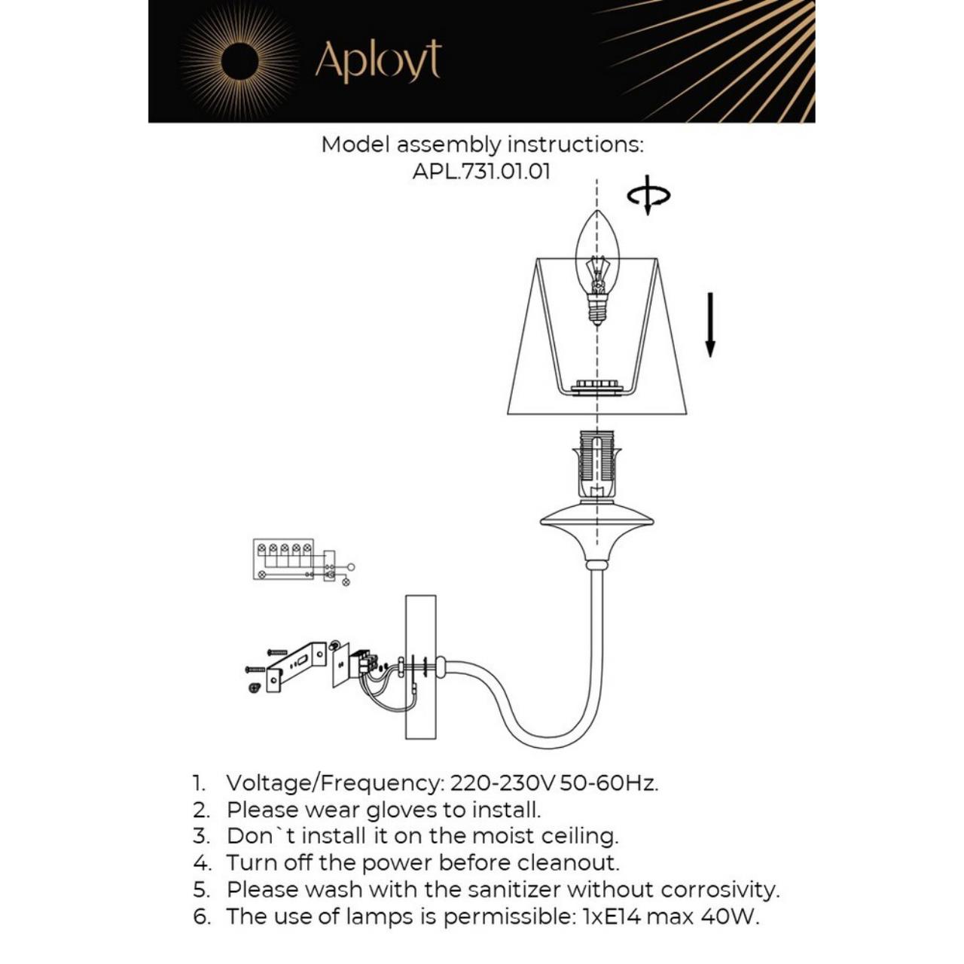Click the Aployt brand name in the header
click(377, 61)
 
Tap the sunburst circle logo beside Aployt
click(239, 60)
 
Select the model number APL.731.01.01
click(481, 171)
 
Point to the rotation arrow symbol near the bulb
click(648, 196)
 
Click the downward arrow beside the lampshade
click(709, 325)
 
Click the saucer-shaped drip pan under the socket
click(596, 520)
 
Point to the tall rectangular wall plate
click(420, 667)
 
